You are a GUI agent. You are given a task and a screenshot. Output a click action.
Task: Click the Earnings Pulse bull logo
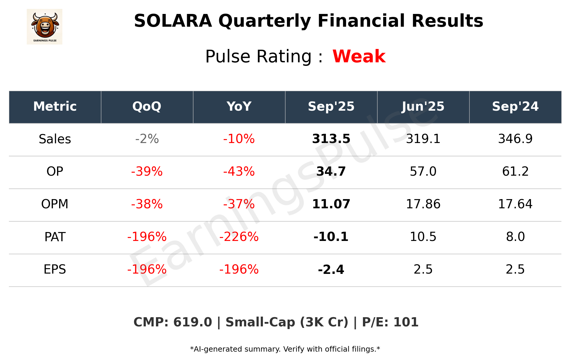[45, 26]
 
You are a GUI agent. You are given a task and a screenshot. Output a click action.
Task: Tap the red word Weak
[359, 56]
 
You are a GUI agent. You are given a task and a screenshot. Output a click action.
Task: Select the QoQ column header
[147, 107]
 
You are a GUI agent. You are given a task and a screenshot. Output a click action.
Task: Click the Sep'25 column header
[331, 107]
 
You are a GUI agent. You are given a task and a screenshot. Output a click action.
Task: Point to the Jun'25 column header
[423, 107]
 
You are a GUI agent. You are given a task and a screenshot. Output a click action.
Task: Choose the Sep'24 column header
[515, 107]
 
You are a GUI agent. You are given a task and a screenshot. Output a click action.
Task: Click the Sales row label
[55, 139]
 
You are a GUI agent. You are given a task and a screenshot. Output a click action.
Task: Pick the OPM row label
[55, 204]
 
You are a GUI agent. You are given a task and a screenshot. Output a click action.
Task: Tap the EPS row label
[55, 269]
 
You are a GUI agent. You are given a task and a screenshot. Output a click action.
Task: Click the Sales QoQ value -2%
[147, 139]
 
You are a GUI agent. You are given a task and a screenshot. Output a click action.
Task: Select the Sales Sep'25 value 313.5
[331, 139]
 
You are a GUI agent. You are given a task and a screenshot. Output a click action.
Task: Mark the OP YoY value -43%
[239, 172]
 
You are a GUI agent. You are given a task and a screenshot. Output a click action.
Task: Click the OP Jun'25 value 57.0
[423, 172]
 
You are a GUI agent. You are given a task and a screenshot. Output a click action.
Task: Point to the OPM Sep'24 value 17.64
[515, 204]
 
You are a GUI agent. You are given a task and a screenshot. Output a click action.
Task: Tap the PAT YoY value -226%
[239, 237]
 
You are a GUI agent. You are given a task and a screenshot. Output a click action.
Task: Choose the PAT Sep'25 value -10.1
[331, 237]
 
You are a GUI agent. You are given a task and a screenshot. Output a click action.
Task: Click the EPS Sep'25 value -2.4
[331, 269]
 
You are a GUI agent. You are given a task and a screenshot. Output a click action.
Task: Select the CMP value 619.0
[192, 322]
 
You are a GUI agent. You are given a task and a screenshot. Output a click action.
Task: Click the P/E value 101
[406, 322]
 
